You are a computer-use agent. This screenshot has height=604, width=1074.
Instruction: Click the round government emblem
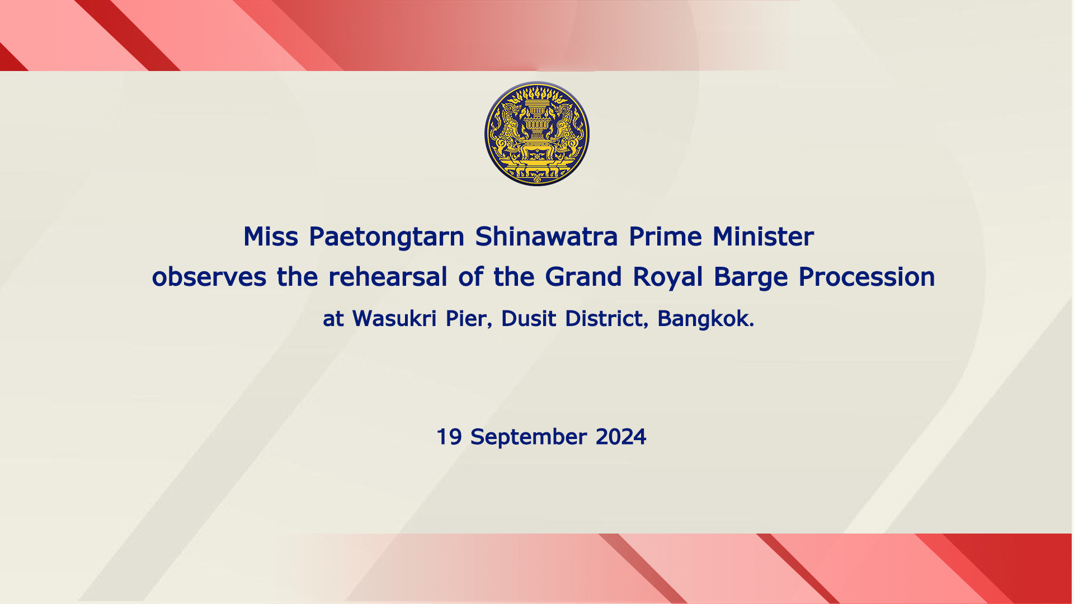coord(537,134)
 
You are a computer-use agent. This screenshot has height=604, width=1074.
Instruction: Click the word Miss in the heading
coord(271,237)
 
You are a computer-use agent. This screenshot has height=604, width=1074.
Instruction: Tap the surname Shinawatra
coord(547,237)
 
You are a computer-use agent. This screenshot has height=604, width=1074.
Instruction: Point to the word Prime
coord(665,237)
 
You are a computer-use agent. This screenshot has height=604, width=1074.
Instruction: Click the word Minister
coord(763,237)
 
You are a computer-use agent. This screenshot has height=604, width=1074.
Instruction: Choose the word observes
coord(209,277)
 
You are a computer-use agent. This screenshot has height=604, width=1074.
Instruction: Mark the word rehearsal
coord(388,277)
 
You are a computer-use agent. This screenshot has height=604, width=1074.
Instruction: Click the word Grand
coord(583,277)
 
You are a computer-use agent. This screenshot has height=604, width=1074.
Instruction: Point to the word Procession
coord(866,277)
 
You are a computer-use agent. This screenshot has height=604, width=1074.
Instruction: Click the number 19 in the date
coord(449,437)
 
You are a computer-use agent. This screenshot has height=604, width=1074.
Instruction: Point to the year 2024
coord(621,437)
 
